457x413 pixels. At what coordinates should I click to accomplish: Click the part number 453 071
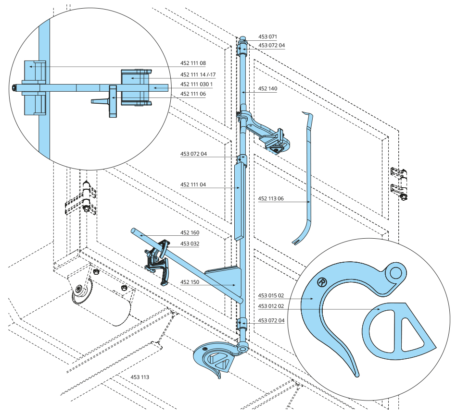click(267, 36)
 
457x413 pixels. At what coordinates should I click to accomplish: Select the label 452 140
click(267, 89)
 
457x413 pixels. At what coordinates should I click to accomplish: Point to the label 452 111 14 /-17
click(198, 74)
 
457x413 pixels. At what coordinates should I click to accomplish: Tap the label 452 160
click(190, 233)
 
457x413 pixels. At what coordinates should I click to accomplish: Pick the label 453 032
click(190, 243)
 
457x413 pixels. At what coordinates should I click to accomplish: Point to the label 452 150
click(190, 282)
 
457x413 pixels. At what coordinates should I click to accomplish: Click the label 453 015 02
click(271, 295)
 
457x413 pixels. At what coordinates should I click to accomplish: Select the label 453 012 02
click(271, 306)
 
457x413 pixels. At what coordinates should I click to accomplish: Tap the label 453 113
click(140, 377)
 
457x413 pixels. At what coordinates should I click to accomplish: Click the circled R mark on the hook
click(322, 282)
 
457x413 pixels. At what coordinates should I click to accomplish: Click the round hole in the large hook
click(395, 273)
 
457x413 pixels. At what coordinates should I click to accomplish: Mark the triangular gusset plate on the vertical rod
click(226, 279)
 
